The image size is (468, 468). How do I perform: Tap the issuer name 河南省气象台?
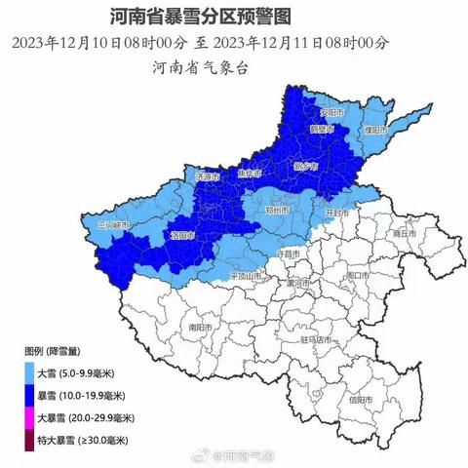(x=199, y=67)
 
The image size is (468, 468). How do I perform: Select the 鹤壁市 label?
(x=322, y=130)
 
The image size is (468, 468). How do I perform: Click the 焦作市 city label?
(x=250, y=174)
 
